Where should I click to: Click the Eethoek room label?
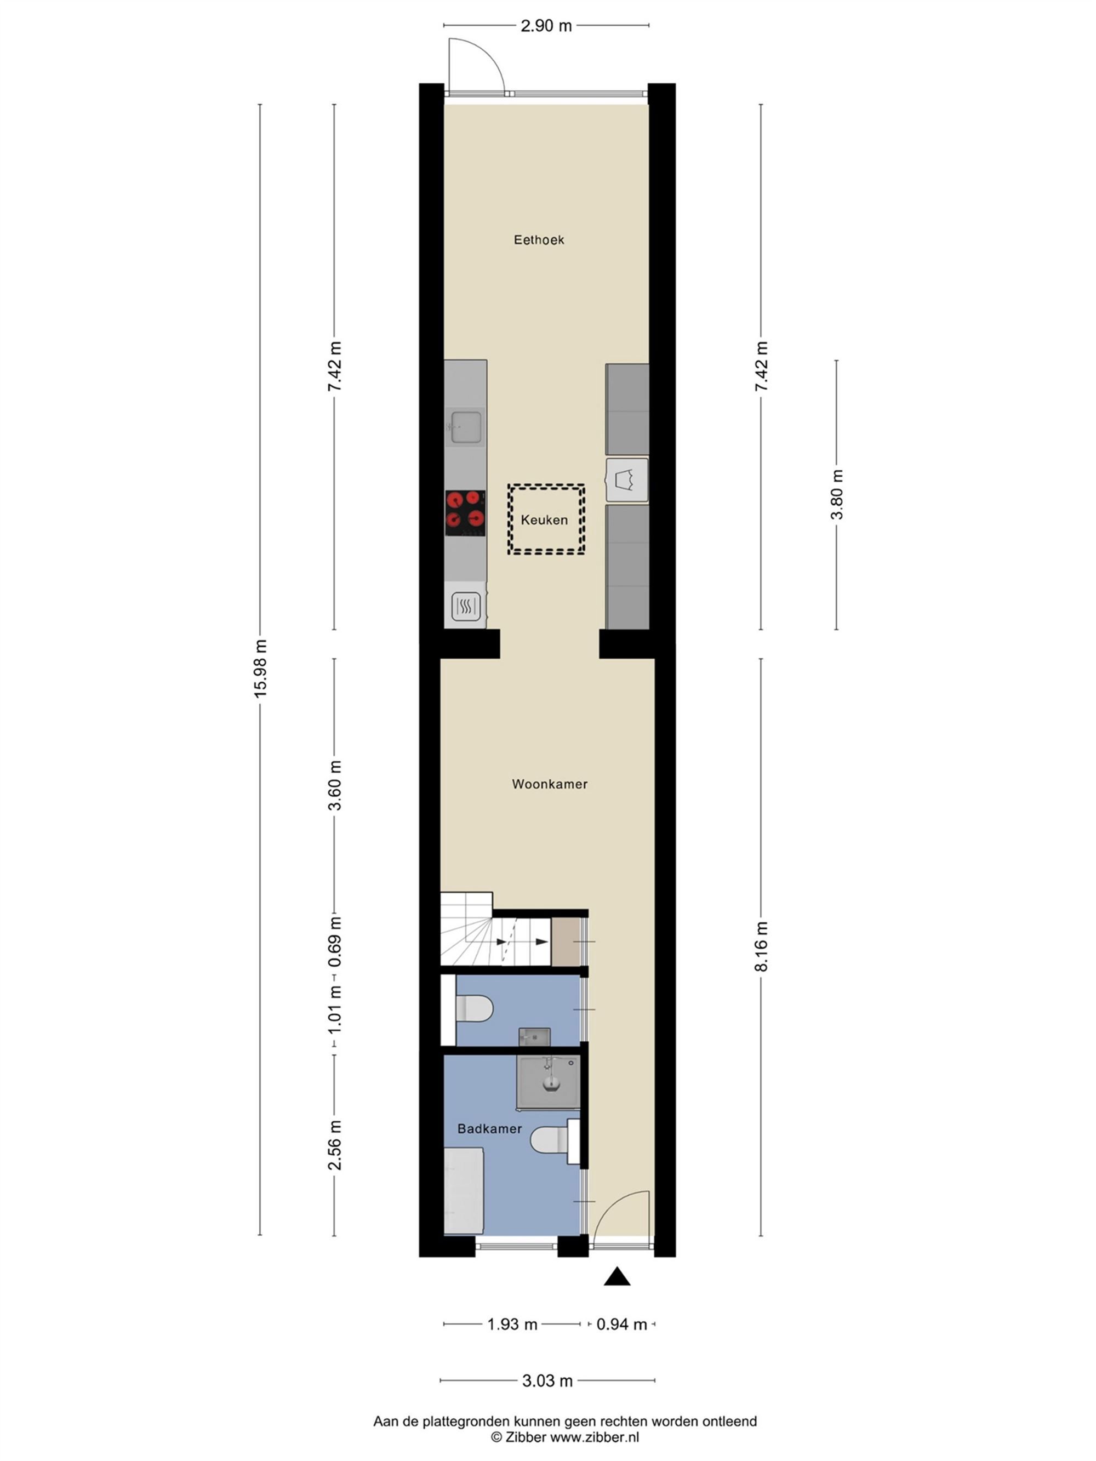(539, 240)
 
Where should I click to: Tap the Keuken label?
(544, 520)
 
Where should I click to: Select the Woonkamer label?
(550, 784)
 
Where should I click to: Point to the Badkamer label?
(489, 1129)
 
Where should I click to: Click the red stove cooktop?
(464, 512)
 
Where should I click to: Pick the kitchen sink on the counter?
(465, 427)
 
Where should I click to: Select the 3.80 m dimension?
(836, 494)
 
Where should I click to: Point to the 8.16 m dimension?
(761, 946)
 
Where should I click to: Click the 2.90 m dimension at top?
(546, 26)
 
